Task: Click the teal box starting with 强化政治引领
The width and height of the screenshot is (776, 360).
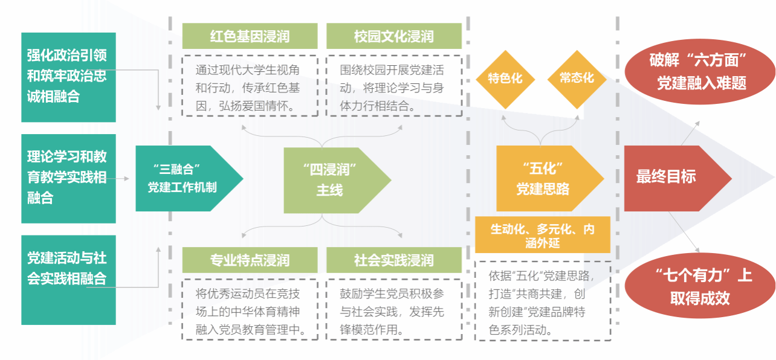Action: (68, 76)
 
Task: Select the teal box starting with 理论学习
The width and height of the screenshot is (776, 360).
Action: (68, 178)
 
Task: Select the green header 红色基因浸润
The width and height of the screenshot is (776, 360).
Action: (250, 36)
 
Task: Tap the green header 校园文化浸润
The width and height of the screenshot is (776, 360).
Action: (393, 36)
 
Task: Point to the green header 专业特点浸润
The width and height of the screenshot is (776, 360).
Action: (250, 260)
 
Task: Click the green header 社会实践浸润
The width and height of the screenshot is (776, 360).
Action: (393, 260)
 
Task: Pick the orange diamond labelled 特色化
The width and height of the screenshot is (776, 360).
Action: (505, 79)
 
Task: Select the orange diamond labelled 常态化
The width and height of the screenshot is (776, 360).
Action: (577, 79)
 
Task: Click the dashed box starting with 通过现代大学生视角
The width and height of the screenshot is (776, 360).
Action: (250, 86)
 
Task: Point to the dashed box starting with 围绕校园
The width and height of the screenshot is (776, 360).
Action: (393, 86)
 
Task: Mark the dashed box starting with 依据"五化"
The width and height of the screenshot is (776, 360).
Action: (542, 302)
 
